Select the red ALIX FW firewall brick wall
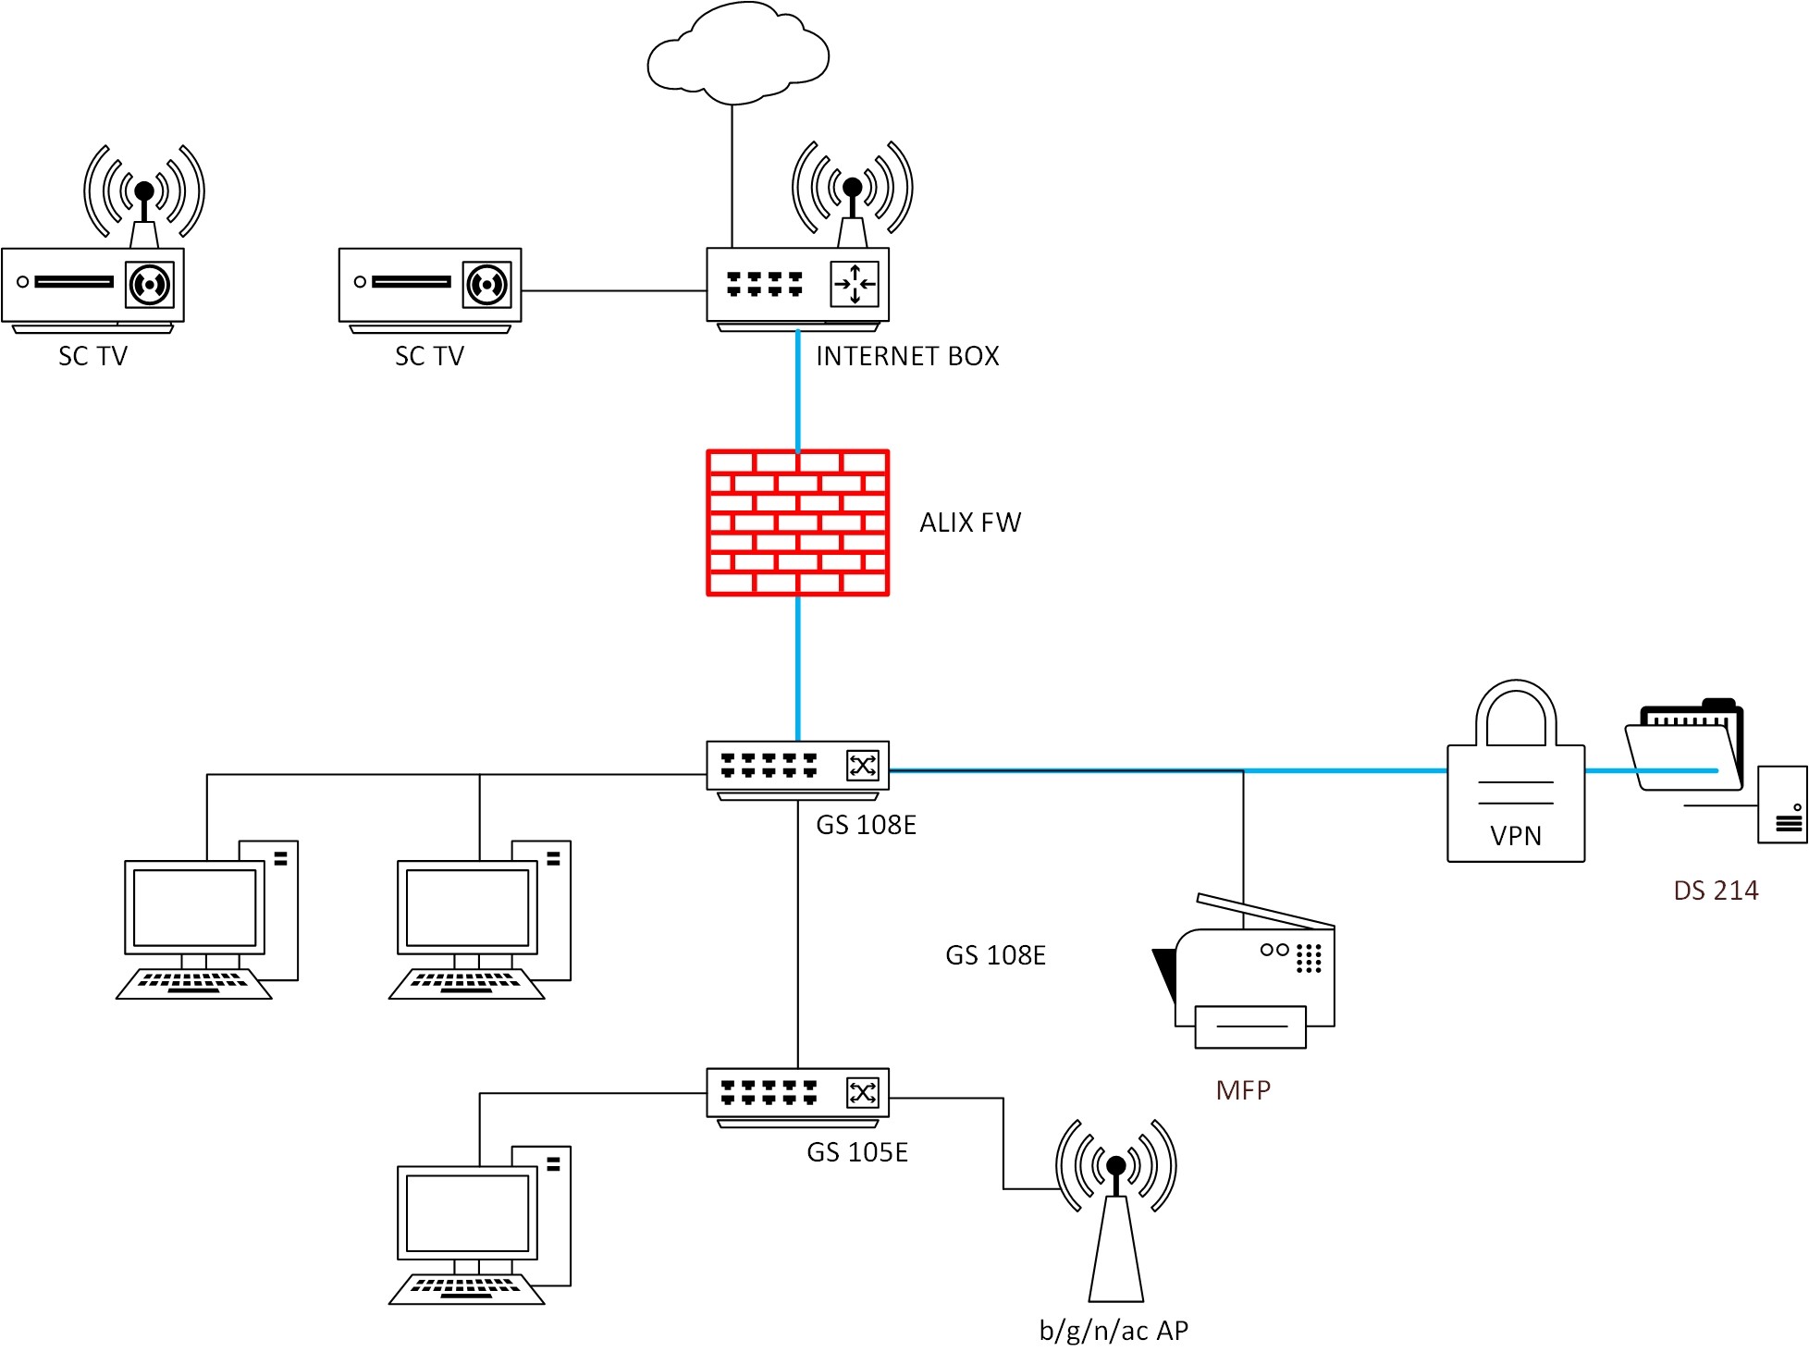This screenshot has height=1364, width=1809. pos(797,523)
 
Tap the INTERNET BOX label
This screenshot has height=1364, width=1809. pos(907,357)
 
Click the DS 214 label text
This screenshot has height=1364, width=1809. pos(1716,891)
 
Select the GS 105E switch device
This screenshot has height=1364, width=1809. pos(797,1094)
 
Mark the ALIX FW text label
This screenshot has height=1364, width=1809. pos(970,523)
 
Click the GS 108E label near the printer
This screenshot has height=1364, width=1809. pos(995,956)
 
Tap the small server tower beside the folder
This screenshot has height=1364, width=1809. pos(1782,805)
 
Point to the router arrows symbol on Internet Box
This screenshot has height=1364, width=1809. pos(855,284)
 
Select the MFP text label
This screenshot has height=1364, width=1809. pos(1243,1091)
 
